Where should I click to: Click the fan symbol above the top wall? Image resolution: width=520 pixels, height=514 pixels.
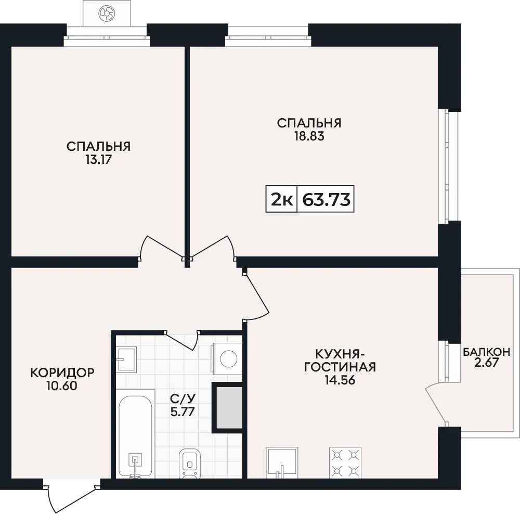click(x=107, y=14)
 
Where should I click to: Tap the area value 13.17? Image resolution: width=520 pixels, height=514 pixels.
click(x=98, y=160)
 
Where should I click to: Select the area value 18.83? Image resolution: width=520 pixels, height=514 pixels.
click(x=309, y=136)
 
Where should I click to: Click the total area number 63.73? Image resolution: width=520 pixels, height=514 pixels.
click(x=327, y=200)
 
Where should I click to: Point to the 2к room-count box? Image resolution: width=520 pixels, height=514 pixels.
click(x=281, y=199)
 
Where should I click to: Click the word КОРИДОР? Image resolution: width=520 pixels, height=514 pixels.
click(x=62, y=372)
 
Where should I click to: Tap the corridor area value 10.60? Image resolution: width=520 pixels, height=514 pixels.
click(x=62, y=386)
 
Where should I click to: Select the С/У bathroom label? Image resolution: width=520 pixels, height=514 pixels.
click(x=183, y=398)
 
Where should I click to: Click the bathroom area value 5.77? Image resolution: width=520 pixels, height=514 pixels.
click(x=182, y=412)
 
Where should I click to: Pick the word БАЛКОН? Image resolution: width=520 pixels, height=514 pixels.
click(x=486, y=352)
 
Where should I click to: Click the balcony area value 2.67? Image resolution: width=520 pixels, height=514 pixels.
click(x=486, y=363)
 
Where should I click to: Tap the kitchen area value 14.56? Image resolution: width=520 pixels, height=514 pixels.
click(x=340, y=380)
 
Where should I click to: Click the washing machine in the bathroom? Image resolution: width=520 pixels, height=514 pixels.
click(x=228, y=359)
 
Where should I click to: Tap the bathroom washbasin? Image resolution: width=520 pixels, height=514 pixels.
click(x=126, y=359)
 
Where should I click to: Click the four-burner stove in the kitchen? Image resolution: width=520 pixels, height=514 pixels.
click(x=345, y=462)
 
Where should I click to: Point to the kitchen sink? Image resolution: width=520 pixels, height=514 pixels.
click(x=282, y=462)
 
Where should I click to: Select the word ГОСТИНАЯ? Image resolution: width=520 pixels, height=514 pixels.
click(x=340, y=367)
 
